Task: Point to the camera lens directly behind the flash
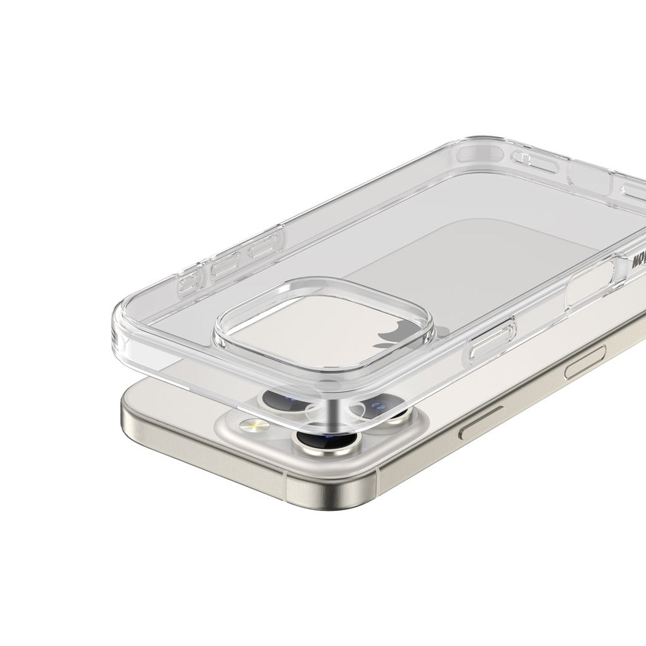point(280,399)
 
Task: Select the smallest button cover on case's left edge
point(188,284)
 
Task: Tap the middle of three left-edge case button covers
point(225,266)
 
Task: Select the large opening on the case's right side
point(590,284)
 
